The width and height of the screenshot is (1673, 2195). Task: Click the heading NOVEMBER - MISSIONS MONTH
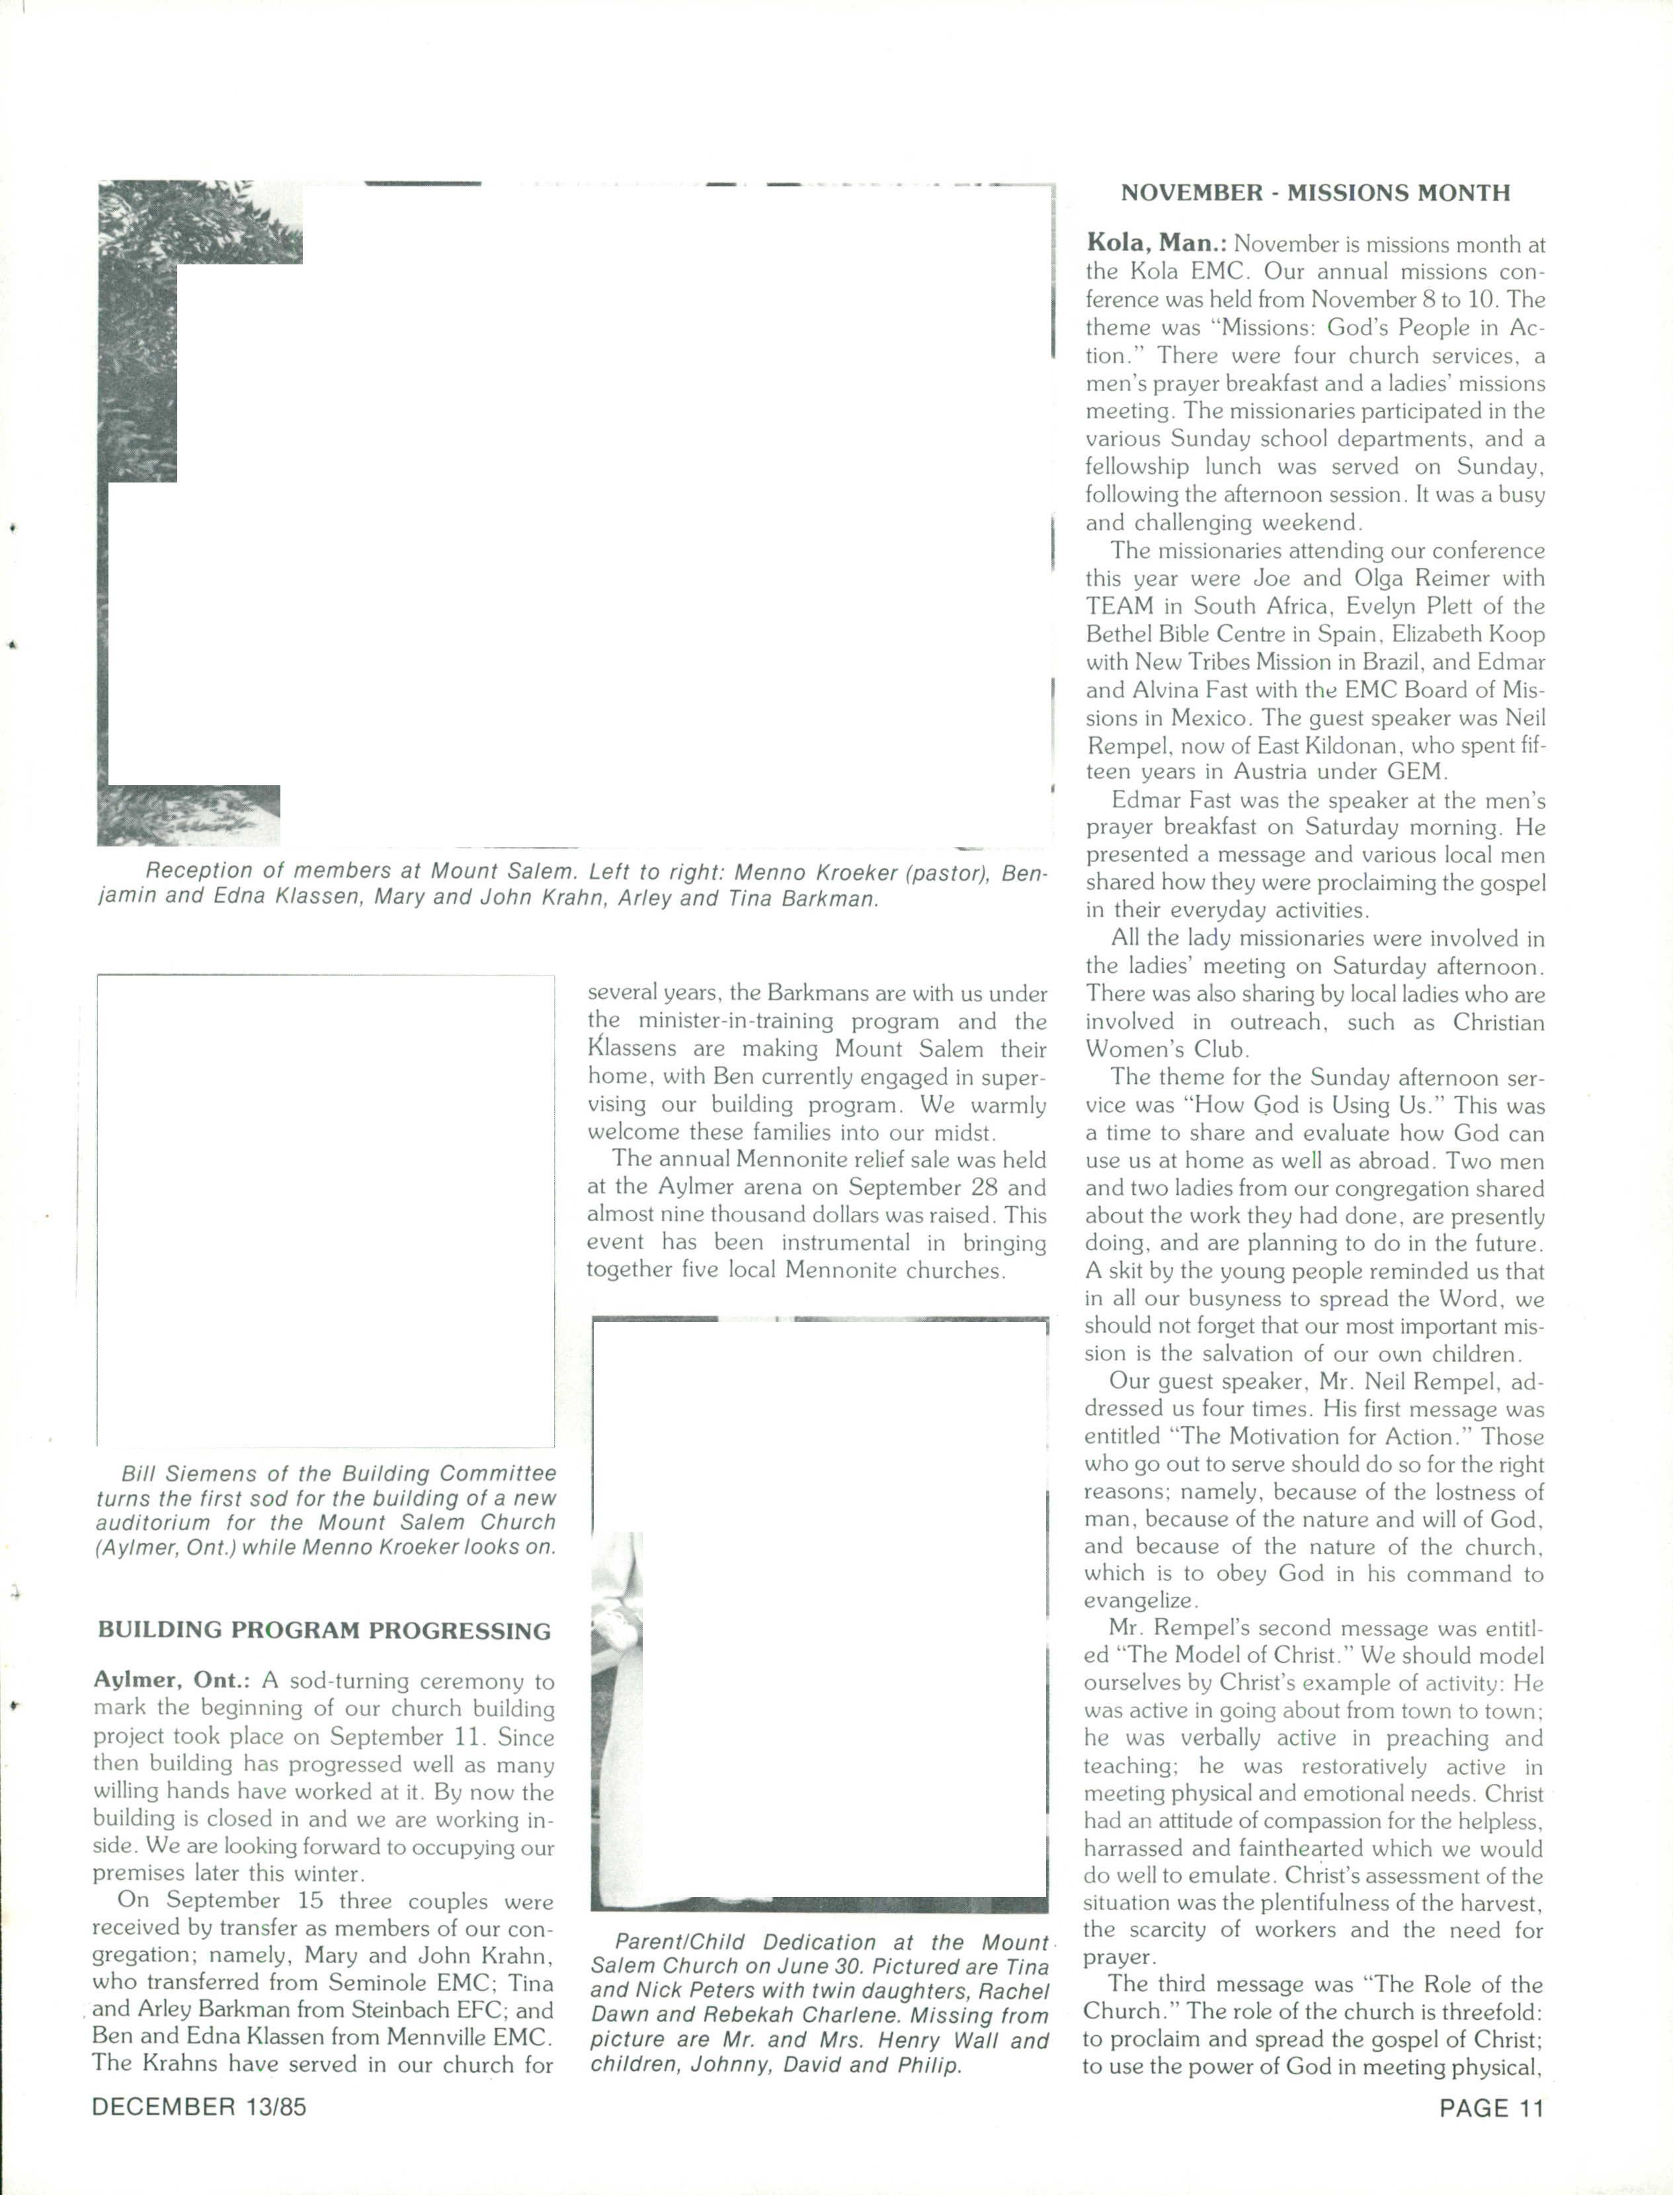1315,193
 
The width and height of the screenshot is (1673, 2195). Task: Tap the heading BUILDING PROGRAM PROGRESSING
323,1631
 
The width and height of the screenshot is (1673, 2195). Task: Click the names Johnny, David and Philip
777,2065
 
